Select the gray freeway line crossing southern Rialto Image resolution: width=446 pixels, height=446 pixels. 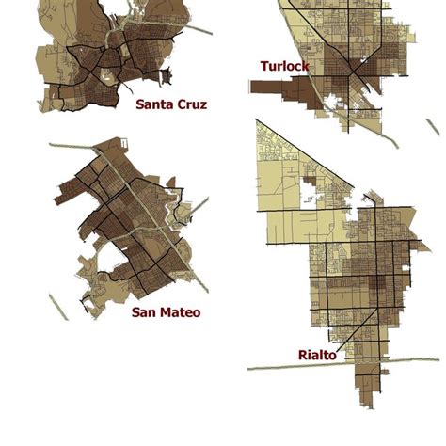282,365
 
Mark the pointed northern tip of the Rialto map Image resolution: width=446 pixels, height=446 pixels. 259,122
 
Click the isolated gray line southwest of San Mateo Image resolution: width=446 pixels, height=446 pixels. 58,306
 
